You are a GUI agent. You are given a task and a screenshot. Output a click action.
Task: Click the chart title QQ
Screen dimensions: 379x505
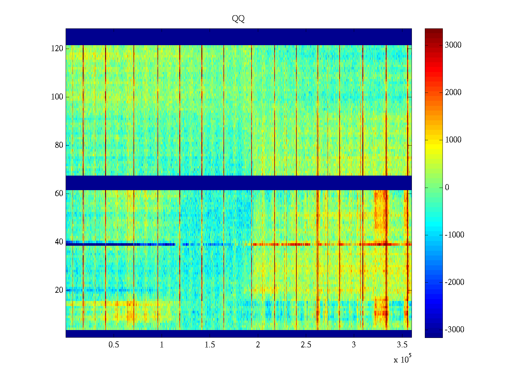[x=238, y=19]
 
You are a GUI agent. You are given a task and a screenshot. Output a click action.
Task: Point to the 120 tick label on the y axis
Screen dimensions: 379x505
[x=57, y=49]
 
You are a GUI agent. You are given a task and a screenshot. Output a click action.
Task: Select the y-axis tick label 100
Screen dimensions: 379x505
[x=57, y=97]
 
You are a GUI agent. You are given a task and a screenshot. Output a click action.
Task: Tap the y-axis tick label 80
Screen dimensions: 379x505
[x=59, y=145]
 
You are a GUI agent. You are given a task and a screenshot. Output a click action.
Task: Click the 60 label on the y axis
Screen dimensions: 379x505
[x=59, y=194]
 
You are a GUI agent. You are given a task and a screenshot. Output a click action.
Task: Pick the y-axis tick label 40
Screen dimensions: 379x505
[x=59, y=242]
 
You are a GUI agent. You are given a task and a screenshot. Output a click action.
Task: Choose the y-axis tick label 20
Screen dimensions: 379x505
[x=59, y=290]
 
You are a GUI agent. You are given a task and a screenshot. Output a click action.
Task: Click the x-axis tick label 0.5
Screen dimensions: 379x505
[x=114, y=345]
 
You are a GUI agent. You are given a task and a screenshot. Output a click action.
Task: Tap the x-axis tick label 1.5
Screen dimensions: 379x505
[x=210, y=345]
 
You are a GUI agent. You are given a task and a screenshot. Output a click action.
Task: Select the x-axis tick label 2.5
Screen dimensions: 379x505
[x=306, y=345]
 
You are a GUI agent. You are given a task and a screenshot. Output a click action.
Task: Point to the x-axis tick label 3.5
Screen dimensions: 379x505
[x=402, y=345]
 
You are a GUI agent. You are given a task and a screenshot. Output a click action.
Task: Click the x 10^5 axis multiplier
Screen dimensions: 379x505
[x=402, y=359]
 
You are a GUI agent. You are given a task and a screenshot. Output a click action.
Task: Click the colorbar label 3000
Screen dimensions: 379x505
[x=453, y=45]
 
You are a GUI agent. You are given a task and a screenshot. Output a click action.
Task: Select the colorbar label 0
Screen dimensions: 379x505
[x=447, y=188]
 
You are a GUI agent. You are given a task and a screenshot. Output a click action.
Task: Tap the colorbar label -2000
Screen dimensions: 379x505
[x=454, y=282]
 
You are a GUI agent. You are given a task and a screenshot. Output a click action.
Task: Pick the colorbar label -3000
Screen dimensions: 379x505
[x=454, y=330]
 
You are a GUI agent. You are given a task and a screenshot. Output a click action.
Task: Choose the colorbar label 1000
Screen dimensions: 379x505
[x=453, y=140]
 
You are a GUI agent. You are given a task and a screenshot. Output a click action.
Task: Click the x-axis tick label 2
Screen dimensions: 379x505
[x=258, y=345]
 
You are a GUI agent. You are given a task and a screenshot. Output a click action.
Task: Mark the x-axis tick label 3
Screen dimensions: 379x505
[x=354, y=345]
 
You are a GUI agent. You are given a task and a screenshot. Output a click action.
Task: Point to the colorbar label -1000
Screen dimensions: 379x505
[x=454, y=235]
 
